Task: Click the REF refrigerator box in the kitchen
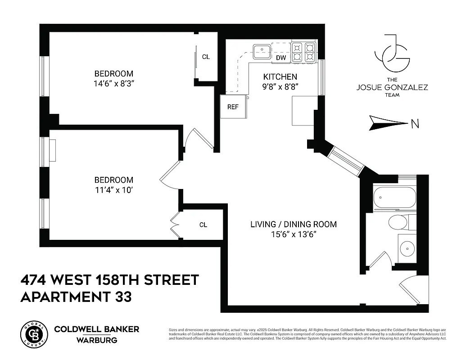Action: [233, 107]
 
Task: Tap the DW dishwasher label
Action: [281, 58]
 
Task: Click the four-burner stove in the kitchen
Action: [303, 52]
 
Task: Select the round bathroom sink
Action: [408, 248]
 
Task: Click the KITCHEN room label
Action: [280, 76]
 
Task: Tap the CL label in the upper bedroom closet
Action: [206, 57]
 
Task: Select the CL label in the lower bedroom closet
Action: [203, 225]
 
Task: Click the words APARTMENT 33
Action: [76, 297]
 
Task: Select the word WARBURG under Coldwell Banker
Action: [96, 340]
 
